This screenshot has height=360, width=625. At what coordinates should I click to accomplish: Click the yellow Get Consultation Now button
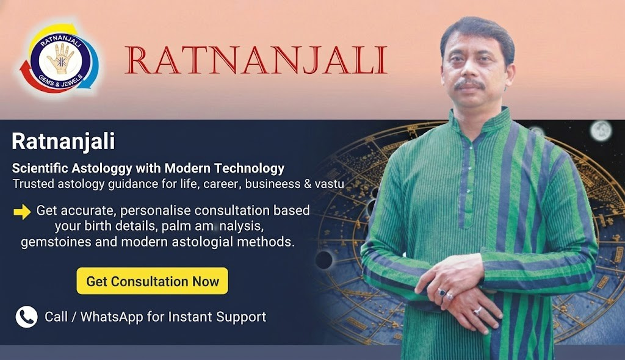tap(152, 281)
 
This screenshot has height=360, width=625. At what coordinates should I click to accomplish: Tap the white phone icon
tap(27, 317)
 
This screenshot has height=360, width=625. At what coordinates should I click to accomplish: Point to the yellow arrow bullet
tap(22, 212)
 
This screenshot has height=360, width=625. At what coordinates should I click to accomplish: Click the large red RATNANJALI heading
tap(256, 60)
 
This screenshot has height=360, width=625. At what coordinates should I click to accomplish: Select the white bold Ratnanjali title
tap(63, 142)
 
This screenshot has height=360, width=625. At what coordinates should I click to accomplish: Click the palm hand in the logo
tap(60, 58)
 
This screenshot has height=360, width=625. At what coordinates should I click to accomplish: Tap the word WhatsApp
tap(112, 317)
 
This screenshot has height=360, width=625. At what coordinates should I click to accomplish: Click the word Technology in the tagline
tap(249, 168)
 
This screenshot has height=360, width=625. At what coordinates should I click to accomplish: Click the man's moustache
tap(469, 84)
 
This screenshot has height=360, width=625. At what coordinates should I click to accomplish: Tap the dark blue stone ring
tap(442, 292)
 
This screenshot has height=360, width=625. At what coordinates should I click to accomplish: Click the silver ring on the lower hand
tap(477, 311)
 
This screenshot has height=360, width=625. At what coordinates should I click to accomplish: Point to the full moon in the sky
tap(601, 131)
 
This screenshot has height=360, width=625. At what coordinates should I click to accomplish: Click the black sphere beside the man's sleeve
tap(324, 260)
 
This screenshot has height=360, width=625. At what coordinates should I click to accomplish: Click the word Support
tap(241, 317)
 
